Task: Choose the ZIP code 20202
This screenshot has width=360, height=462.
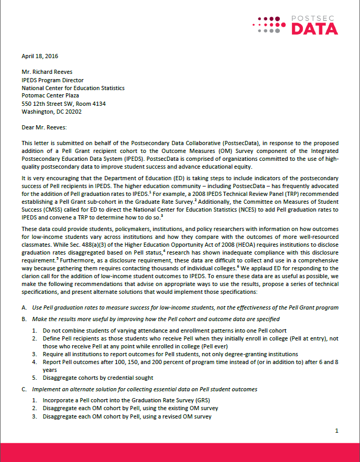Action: pos(72,111)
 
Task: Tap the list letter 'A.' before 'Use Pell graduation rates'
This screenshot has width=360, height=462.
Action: pos(24,307)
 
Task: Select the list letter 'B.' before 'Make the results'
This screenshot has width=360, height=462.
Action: pos(24,319)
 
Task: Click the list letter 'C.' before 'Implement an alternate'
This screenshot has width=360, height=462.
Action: pos(24,389)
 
